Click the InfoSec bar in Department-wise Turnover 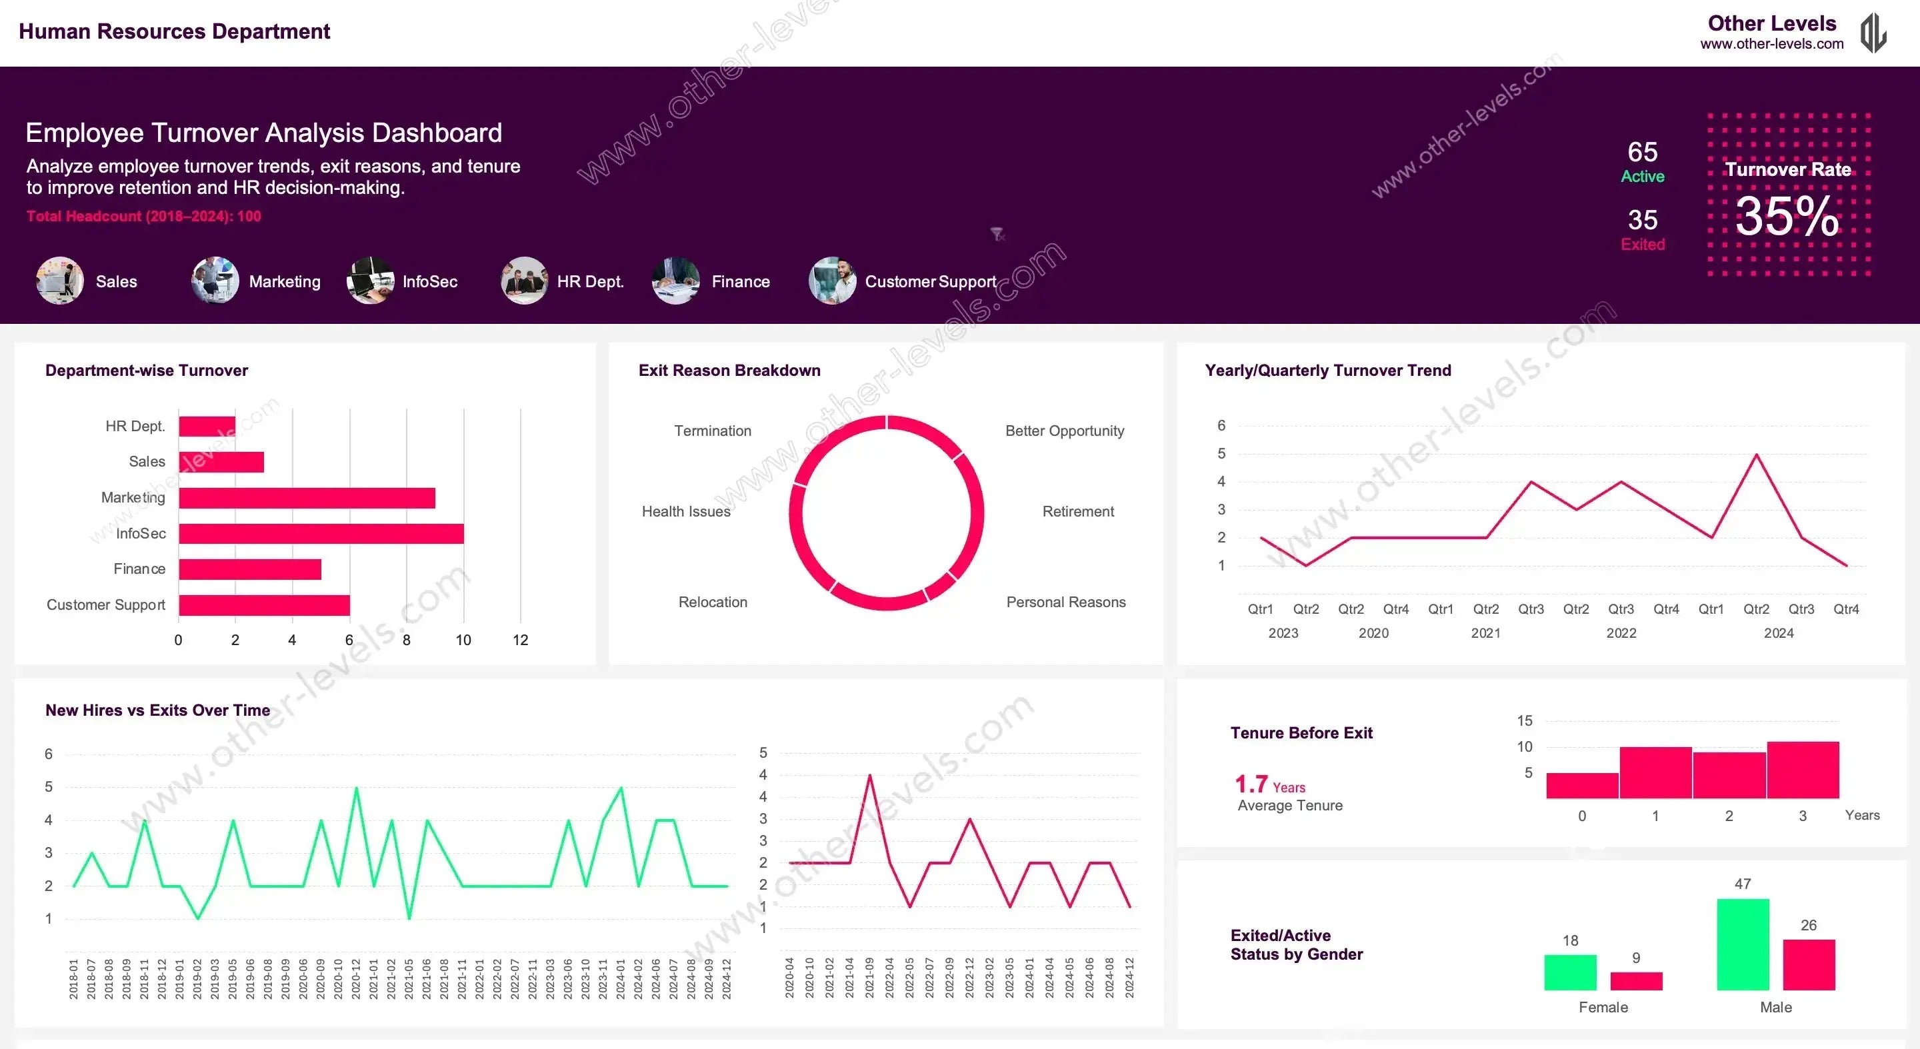(x=321, y=533)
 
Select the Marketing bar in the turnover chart (x=307, y=498)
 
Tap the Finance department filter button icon (x=675, y=281)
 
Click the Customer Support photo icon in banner (x=832, y=281)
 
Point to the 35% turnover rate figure (x=1787, y=217)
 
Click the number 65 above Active (x=1642, y=152)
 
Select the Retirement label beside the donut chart (x=1077, y=511)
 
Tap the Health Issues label (x=686, y=511)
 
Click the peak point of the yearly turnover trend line (x=1756, y=455)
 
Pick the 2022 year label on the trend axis (x=1621, y=632)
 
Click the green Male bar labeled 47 (x=1742, y=944)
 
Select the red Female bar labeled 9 (x=1635, y=980)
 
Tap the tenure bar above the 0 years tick (x=1581, y=785)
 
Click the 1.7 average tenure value (x=1251, y=784)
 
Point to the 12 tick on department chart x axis (x=520, y=640)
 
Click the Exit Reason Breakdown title (x=729, y=371)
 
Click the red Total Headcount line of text (x=144, y=216)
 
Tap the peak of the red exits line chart (x=870, y=776)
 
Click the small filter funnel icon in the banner (x=997, y=235)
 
